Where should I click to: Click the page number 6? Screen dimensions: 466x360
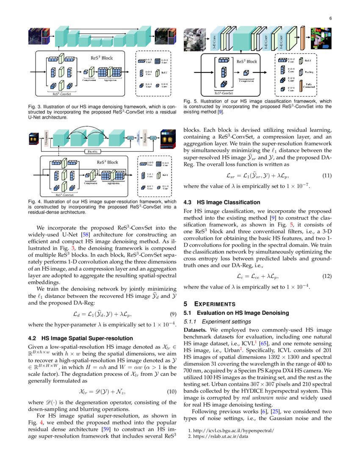coord(330,18)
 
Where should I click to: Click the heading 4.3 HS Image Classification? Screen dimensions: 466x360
coord(222,202)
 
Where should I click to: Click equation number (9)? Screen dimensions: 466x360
coord(173,315)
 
